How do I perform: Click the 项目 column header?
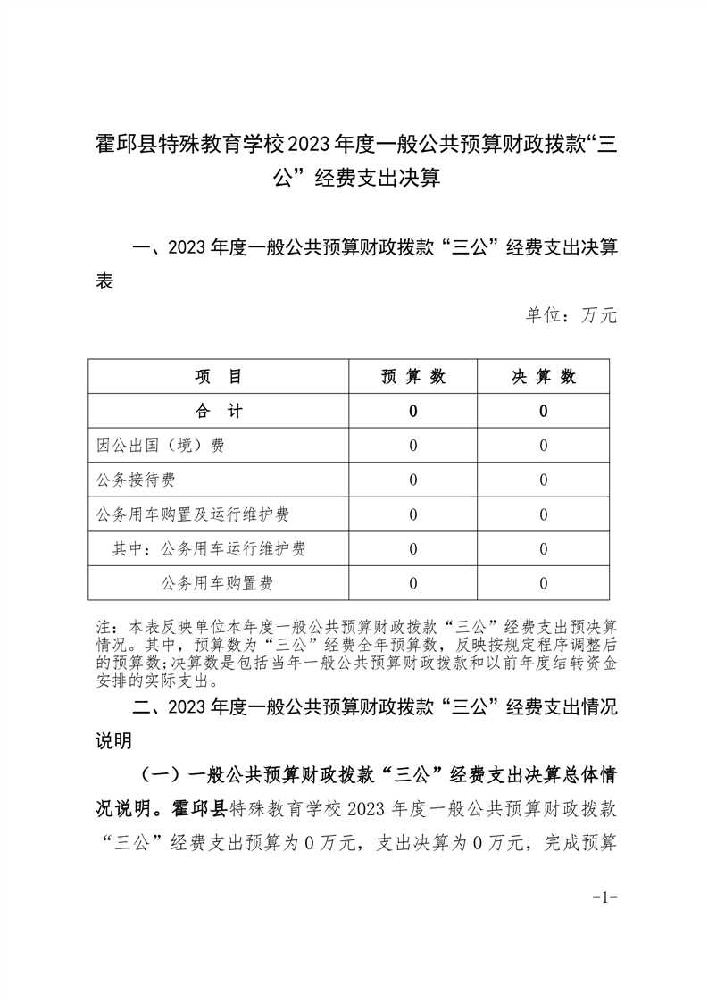(x=218, y=377)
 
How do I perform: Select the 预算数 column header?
(x=412, y=377)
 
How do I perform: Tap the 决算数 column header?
(x=543, y=377)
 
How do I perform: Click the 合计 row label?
(x=218, y=411)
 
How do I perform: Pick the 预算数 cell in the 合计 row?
(x=412, y=412)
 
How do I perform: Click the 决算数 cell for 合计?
(x=543, y=412)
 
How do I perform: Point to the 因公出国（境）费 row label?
(x=161, y=446)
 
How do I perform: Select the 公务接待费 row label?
(x=137, y=480)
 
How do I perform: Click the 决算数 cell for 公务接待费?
(x=543, y=480)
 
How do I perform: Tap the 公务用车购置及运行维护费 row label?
(x=193, y=514)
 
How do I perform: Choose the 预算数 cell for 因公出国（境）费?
(x=412, y=446)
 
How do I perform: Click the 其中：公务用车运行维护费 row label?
(x=209, y=549)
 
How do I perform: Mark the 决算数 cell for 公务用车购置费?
(x=543, y=584)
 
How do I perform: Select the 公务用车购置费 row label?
(x=217, y=584)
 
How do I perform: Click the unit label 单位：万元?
(x=571, y=316)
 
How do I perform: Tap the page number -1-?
(x=605, y=898)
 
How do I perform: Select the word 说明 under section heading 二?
(x=113, y=740)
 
